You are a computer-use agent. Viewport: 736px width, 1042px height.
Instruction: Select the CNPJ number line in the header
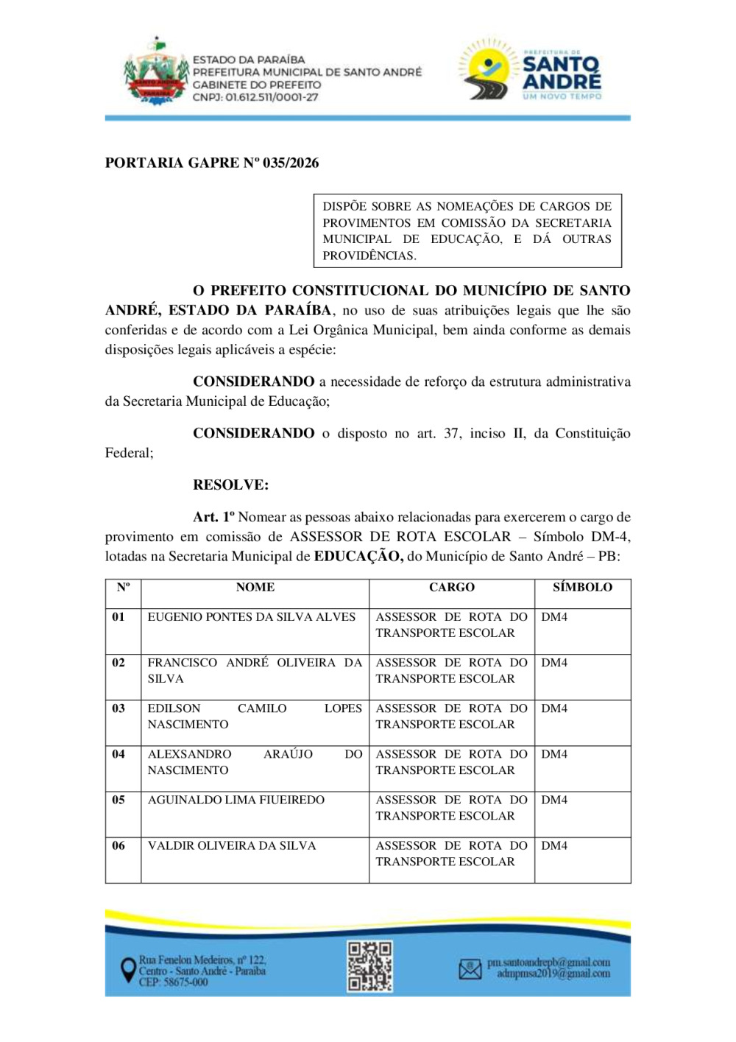[255, 97]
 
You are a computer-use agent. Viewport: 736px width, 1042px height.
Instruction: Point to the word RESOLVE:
[230, 485]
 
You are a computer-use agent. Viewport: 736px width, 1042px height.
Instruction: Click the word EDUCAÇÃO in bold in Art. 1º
[358, 556]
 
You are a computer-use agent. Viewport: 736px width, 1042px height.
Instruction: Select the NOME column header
[255, 587]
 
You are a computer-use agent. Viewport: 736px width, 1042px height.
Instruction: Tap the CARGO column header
[452, 587]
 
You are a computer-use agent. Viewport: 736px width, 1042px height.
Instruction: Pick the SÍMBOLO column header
[582, 587]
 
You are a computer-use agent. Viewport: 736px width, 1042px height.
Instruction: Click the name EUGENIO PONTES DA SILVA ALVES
[252, 617]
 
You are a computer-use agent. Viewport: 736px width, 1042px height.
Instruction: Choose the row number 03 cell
[118, 708]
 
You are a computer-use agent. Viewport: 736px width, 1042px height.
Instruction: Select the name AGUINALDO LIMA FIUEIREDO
[236, 800]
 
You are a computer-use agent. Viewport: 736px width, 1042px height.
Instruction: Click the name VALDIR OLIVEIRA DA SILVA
[232, 845]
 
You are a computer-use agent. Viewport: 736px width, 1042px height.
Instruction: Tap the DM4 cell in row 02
[554, 663]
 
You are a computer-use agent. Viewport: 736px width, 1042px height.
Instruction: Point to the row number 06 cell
[118, 845]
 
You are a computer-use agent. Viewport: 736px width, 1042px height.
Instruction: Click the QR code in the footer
[369, 966]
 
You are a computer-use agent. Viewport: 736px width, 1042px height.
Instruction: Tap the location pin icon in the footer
[128, 970]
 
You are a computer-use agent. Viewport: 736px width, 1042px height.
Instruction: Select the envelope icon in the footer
[470, 969]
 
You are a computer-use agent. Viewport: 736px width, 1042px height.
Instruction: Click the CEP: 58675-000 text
[174, 982]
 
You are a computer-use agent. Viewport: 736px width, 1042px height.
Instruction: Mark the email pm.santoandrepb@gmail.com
[548, 962]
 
